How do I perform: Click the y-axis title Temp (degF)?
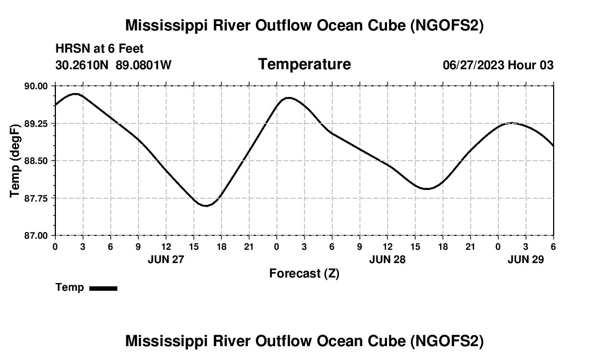pyautogui.click(x=16, y=161)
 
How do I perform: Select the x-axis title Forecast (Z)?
pyautogui.click(x=304, y=273)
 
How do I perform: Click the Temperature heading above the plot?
pyautogui.click(x=304, y=64)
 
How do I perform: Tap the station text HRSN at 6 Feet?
pyautogui.click(x=100, y=49)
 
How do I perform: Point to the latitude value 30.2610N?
pyautogui.click(x=82, y=65)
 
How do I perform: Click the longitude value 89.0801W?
pyautogui.click(x=143, y=65)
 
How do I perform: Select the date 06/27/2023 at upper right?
pyautogui.click(x=473, y=65)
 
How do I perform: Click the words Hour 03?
pyautogui.click(x=530, y=65)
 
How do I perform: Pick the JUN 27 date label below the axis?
pyautogui.click(x=166, y=259)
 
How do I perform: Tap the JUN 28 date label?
pyautogui.click(x=388, y=259)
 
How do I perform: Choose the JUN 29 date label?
pyautogui.click(x=526, y=259)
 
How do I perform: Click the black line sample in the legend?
pyautogui.click(x=103, y=288)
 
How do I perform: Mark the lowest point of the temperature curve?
pyautogui.click(x=206, y=206)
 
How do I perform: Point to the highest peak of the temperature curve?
pyautogui.click(x=76, y=94)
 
